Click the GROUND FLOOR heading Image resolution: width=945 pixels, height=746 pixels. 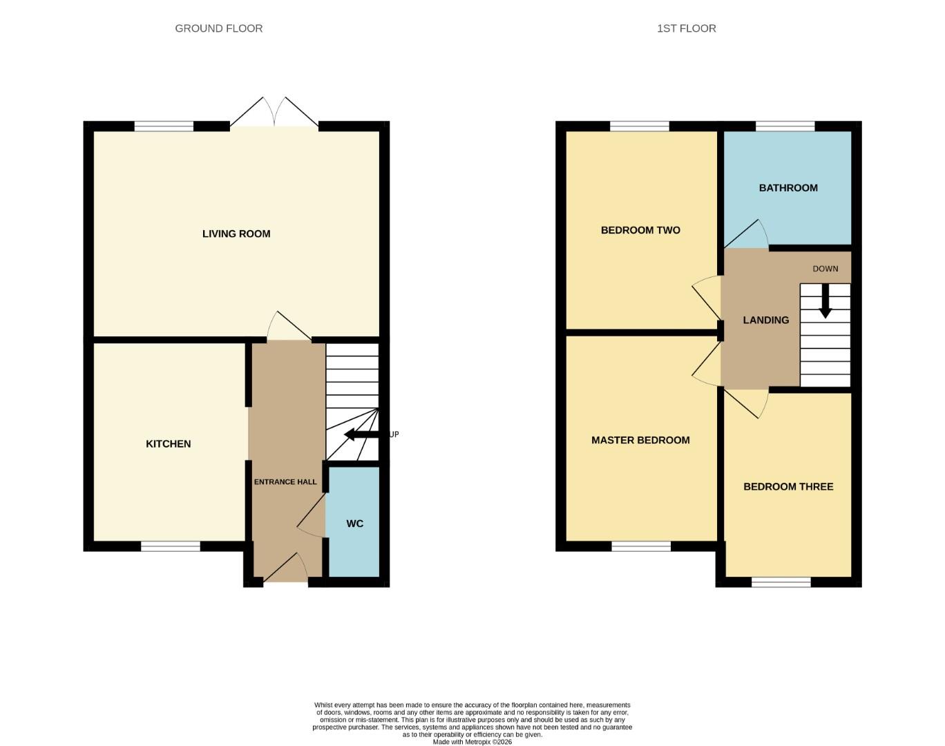[x=218, y=28]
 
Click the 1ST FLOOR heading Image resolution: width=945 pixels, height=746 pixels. [x=686, y=28]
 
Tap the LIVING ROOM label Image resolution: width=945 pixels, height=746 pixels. [x=236, y=234]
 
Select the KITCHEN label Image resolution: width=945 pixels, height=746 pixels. [x=168, y=444]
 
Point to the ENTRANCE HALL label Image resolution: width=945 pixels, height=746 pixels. [x=285, y=482]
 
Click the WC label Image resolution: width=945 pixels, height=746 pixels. [x=354, y=524]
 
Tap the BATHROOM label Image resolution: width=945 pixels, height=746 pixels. [x=788, y=188]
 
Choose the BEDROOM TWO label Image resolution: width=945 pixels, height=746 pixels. [x=640, y=230]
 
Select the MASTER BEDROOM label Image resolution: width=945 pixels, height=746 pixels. [x=640, y=440]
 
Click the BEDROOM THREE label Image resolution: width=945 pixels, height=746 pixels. [x=788, y=486]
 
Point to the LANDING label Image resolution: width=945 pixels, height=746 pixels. [x=765, y=321]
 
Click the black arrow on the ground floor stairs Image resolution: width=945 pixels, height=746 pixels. [x=361, y=434]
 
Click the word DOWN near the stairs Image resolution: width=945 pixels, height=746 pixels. [x=825, y=269]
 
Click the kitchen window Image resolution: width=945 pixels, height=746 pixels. [x=171, y=546]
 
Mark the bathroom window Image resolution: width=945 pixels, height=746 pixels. [x=785, y=126]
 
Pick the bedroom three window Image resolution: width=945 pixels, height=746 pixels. [x=781, y=582]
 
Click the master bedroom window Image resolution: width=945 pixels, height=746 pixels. [x=641, y=546]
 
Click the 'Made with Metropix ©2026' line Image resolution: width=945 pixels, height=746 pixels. [x=472, y=742]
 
